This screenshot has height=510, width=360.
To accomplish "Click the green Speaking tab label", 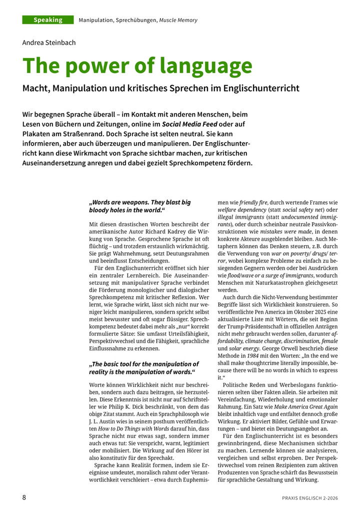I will [48, 20].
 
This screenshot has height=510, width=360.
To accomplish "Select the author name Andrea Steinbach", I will [49, 43].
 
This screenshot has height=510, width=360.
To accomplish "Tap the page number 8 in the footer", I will [24, 497].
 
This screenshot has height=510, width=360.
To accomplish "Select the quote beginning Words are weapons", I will [139, 206].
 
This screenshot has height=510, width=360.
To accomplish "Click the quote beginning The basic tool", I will [143, 368].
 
